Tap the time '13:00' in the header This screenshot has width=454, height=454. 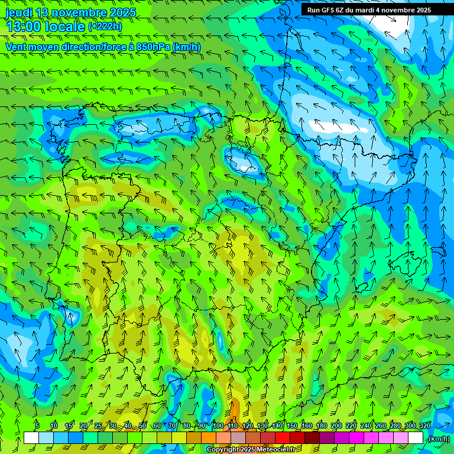24,26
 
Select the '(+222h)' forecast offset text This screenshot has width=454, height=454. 105,26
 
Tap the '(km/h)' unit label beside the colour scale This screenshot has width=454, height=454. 438,439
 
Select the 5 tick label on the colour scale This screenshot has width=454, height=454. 37,426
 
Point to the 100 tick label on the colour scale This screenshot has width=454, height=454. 218,426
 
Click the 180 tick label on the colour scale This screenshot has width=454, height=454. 322,426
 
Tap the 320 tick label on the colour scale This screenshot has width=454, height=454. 424,426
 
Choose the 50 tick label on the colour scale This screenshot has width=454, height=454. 142,426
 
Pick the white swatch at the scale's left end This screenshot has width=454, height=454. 31,438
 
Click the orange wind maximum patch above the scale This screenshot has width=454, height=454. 234,411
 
